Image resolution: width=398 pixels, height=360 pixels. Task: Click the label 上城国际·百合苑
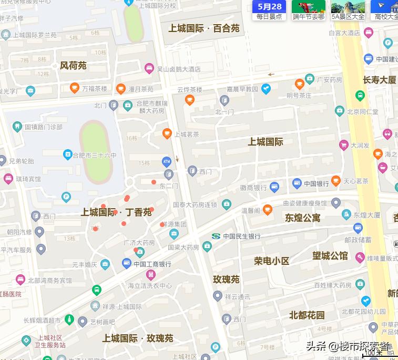pos(203,28)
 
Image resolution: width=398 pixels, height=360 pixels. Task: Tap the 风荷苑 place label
pos(73,66)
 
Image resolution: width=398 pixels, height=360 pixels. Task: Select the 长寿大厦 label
pos(379,80)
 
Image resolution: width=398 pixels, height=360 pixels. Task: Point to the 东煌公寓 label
pos(302,218)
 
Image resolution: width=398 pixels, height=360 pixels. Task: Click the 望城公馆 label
pos(330,256)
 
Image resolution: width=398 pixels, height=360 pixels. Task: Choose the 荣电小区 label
pos(271,261)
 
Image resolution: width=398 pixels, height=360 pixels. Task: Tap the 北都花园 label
pos(307,315)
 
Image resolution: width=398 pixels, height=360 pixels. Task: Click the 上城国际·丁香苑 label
pos(116,212)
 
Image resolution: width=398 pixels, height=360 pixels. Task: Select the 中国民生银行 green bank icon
pos(216,236)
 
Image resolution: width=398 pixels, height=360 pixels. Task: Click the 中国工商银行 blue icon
pos(126,264)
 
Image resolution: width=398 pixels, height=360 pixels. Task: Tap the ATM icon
pos(167,161)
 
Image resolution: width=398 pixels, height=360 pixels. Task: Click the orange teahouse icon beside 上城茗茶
pos(167,134)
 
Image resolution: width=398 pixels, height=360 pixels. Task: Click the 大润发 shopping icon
pos(344,145)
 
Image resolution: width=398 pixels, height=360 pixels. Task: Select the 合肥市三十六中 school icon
pos(67,155)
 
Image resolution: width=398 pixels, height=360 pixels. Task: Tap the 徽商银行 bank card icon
pos(274,187)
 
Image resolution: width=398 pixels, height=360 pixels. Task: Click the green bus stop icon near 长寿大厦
pos(360,96)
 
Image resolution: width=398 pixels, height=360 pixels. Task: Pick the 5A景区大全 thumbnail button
pos(348,10)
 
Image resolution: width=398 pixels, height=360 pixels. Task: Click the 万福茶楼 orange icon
pos(75,88)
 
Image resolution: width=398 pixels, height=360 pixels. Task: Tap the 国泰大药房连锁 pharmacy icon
pos(226,204)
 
